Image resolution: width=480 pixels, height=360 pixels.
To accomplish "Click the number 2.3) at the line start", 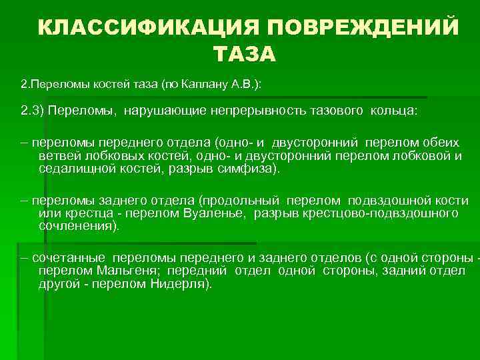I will point(31,111).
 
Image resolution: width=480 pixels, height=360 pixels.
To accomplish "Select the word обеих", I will point(445,144).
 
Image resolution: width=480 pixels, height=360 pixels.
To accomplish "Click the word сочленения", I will point(79,227).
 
